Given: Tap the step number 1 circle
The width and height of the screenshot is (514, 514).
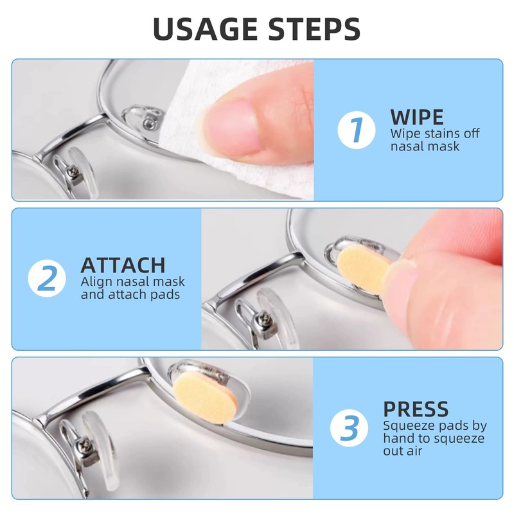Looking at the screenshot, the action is (x=357, y=130).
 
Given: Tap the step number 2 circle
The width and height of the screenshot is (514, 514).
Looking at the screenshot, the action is (x=47, y=278).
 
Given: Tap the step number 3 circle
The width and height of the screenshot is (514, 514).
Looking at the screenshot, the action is (x=349, y=428).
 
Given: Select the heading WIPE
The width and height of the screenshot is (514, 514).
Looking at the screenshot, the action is (x=417, y=117).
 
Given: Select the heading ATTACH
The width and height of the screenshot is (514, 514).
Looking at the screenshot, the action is (x=123, y=265).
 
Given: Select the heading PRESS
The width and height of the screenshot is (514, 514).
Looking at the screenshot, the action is (x=416, y=409).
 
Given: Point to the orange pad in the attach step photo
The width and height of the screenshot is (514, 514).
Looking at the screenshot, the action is (x=363, y=268).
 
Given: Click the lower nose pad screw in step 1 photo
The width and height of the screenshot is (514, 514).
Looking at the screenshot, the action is (x=73, y=171).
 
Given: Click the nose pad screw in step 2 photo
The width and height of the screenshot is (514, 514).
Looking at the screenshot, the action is (x=264, y=317).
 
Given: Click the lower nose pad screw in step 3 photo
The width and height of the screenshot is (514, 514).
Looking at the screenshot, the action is (x=84, y=445).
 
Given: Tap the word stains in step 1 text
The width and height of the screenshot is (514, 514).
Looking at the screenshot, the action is (x=433, y=134).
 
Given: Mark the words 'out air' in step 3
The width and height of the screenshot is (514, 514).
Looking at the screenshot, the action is (x=403, y=451).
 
